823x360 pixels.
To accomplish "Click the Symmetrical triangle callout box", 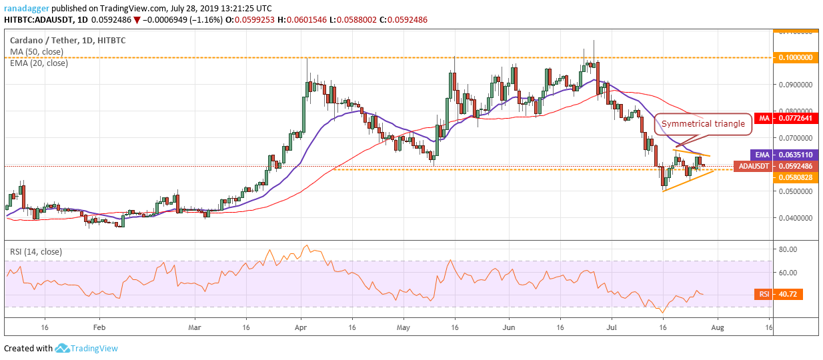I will tap(702, 123).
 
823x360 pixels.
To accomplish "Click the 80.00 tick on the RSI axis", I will tap(790, 249).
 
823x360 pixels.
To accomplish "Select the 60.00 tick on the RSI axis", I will tap(790, 272).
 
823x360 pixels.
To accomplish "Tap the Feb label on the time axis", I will tap(99, 328).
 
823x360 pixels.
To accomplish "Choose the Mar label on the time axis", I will tap(195, 328).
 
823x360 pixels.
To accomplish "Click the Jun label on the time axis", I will tap(509, 328).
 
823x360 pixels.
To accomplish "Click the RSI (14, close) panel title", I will tap(37, 251).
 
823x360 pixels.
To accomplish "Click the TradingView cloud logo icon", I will tap(63, 348).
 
